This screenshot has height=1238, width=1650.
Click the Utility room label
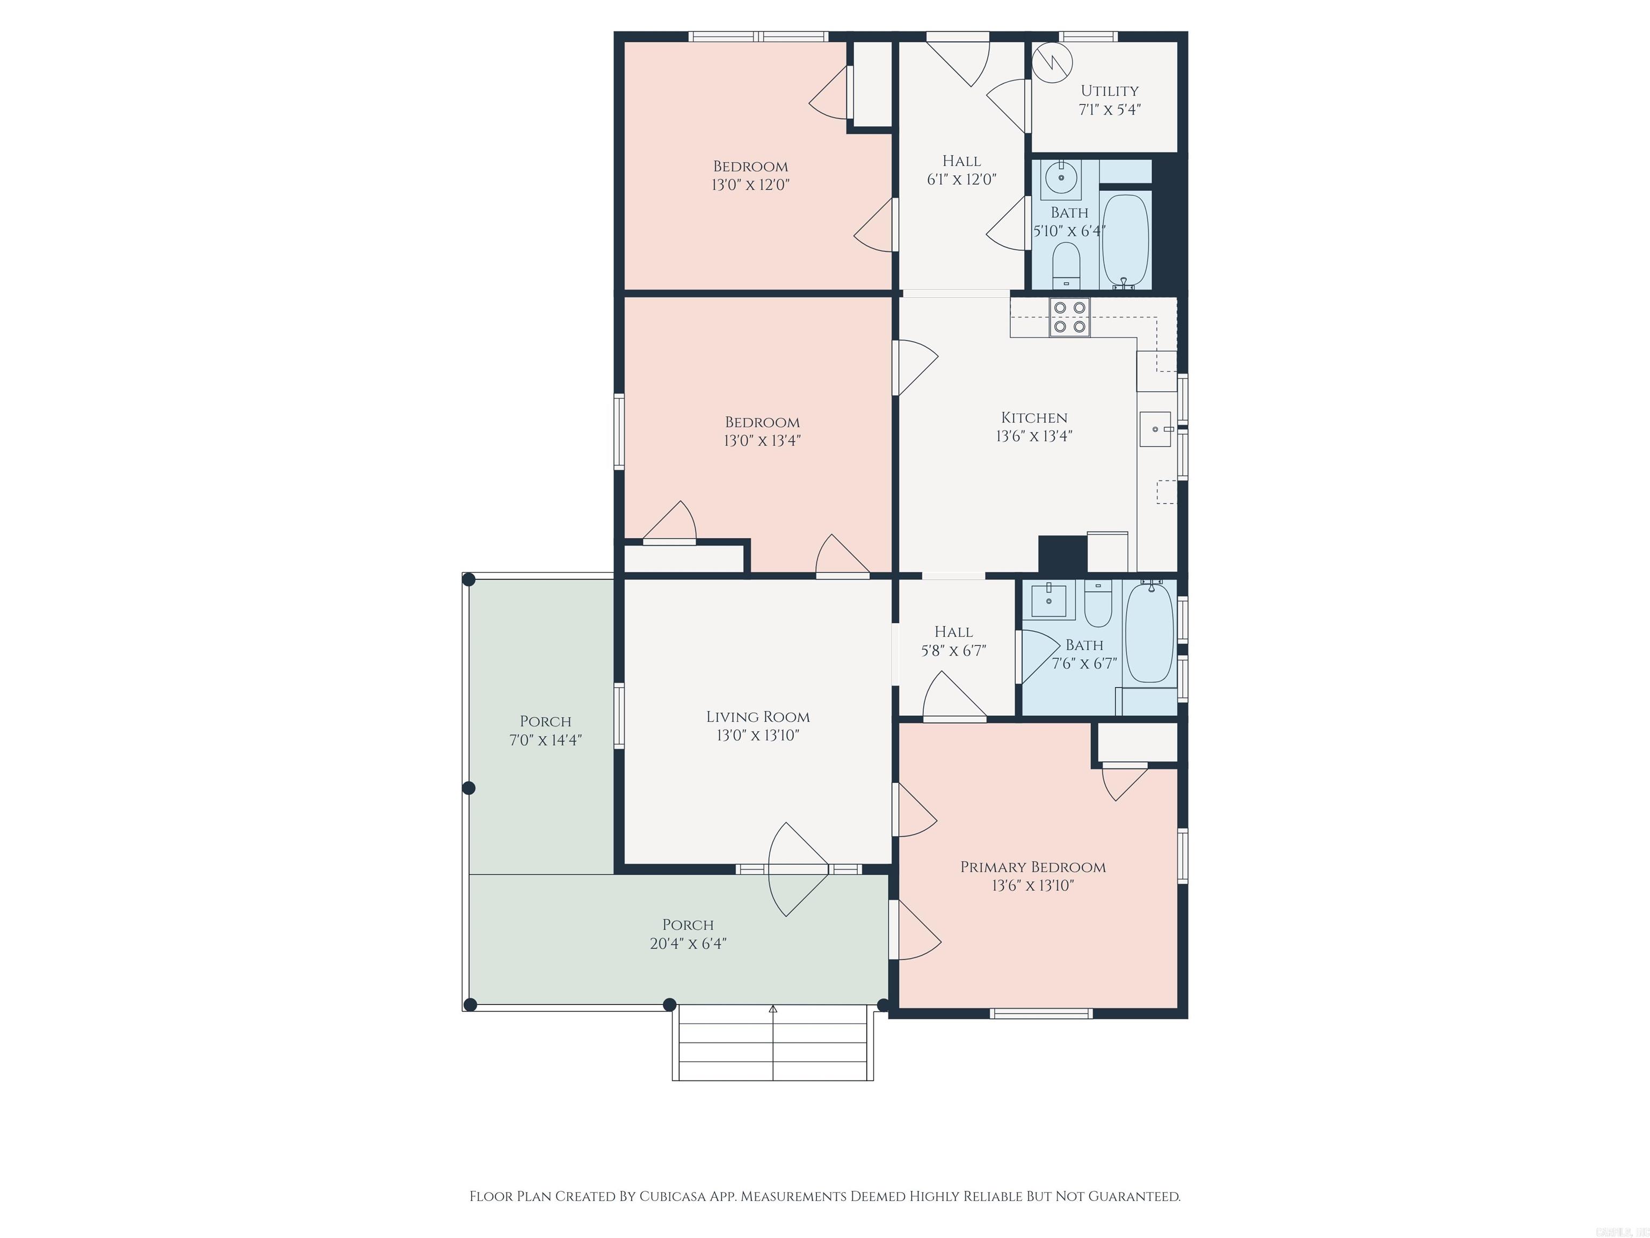point(1109,91)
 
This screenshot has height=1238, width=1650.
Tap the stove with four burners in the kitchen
point(1069,317)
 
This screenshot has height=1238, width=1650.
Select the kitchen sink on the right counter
point(1155,429)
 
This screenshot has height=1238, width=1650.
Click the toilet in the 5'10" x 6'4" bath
point(1066,265)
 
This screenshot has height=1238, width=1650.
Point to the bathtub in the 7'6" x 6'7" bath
point(1149,633)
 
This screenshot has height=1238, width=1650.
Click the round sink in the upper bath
point(1061,178)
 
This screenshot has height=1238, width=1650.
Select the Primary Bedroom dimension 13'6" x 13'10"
point(1032,886)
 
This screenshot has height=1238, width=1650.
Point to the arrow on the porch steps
point(773,1010)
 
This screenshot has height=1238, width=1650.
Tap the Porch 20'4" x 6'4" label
point(687,933)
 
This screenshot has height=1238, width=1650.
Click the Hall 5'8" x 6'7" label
point(953,641)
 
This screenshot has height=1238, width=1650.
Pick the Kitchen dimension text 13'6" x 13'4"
point(1034,436)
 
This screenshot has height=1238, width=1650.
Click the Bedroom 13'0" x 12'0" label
point(750,175)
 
